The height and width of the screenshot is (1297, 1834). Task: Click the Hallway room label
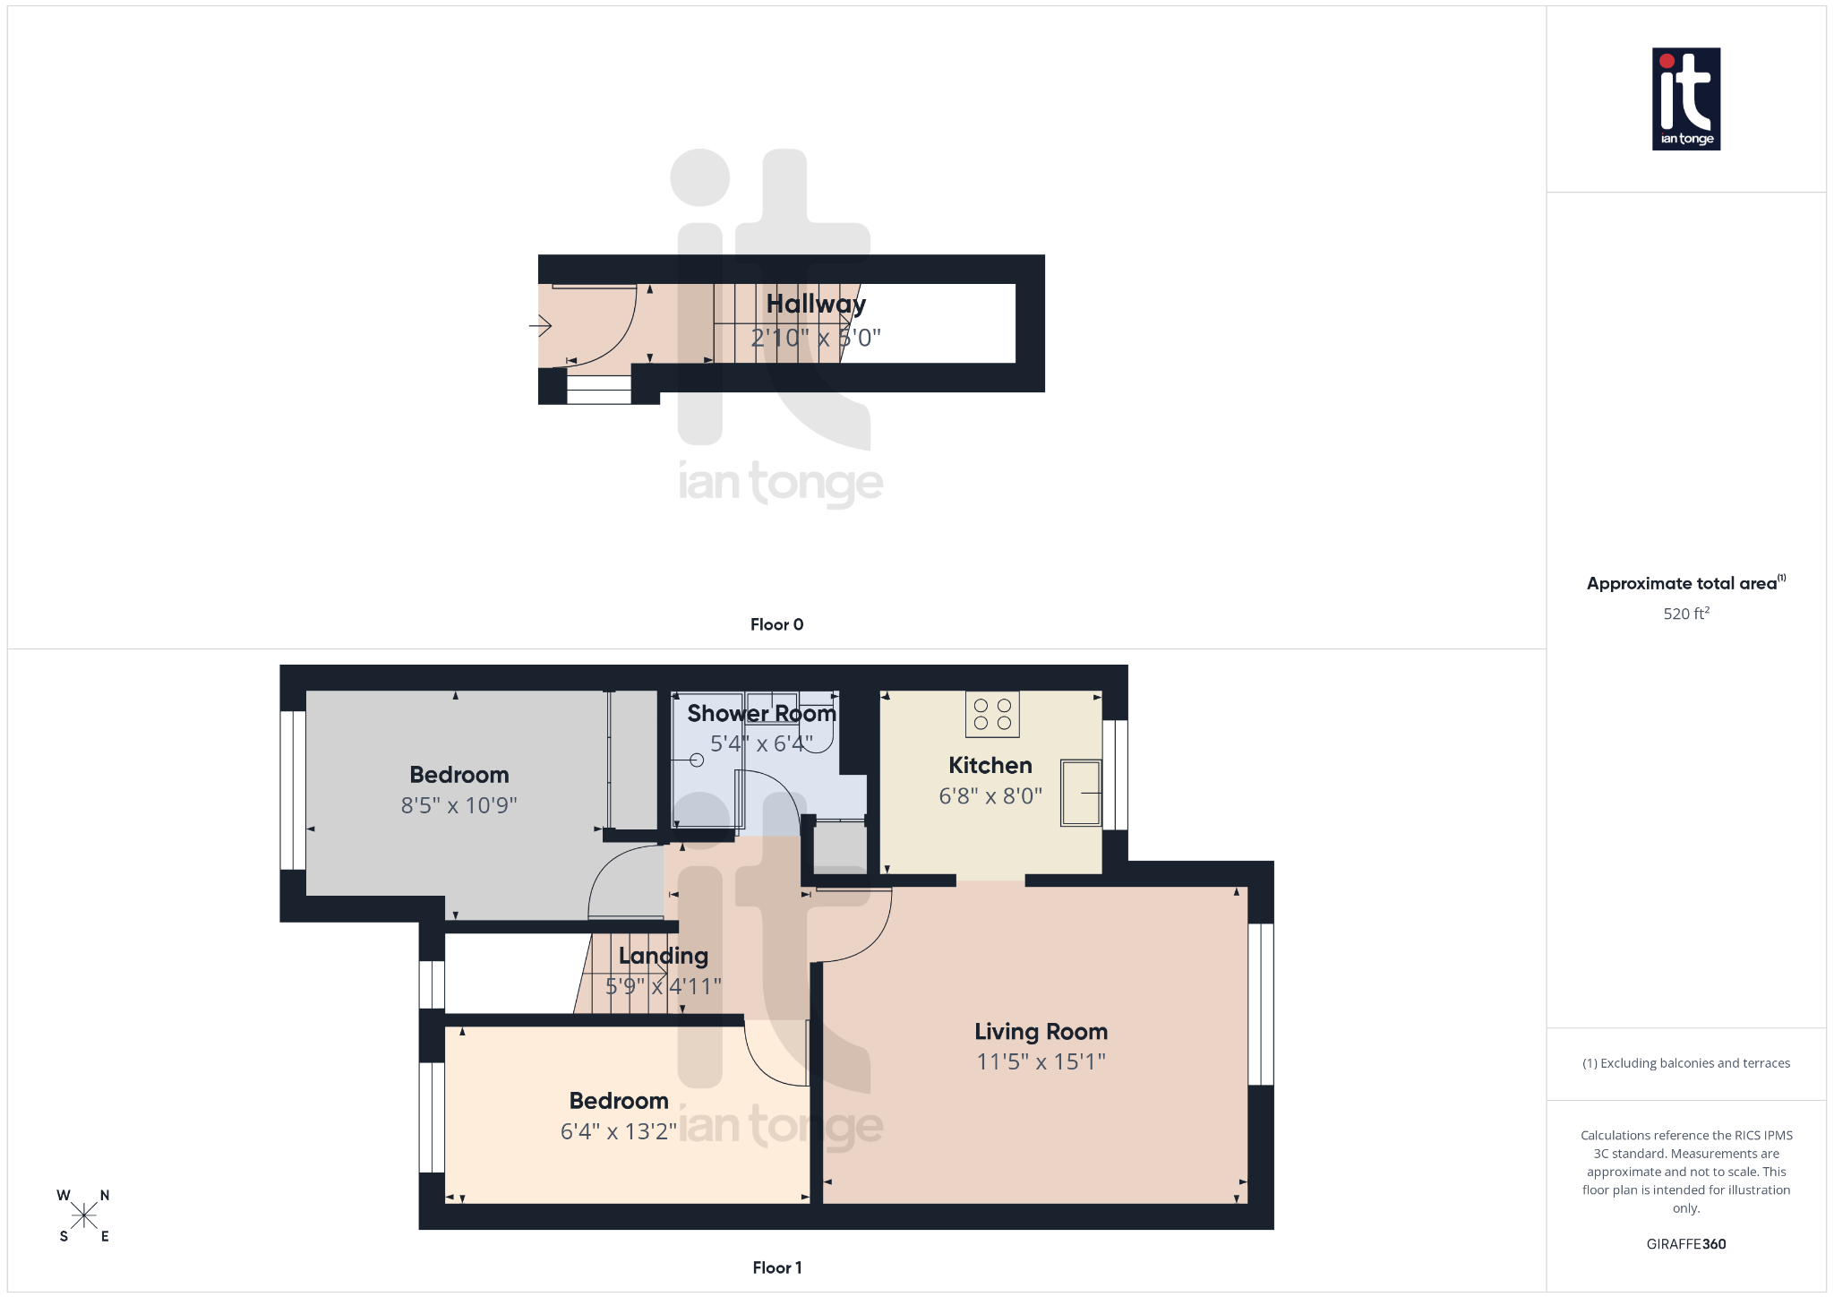click(x=816, y=305)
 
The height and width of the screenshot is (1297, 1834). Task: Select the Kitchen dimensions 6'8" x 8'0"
click(x=990, y=795)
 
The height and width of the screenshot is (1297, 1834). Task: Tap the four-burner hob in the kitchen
click(x=992, y=715)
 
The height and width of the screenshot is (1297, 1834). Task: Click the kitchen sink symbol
click(x=1081, y=793)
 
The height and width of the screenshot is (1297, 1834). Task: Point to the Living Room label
click(x=1041, y=1032)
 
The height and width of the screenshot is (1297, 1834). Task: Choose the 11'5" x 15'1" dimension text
click(x=1041, y=1062)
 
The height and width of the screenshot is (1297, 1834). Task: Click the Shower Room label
click(x=761, y=714)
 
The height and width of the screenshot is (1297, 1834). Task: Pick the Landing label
click(x=663, y=956)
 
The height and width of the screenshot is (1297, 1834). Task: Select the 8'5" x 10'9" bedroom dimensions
click(x=458, y=805)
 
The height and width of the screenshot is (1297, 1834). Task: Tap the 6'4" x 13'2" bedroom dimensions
click(x=618, y=1131)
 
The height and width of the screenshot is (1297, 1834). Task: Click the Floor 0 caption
click(x=776, y=624)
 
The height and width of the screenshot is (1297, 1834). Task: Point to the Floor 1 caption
click(x=776, y=1267)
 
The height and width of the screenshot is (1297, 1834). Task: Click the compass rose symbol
click(x=84, y=1215)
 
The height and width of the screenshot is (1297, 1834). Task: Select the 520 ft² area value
click(x=1685, y=614)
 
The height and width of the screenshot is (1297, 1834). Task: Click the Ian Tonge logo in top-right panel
click(x=1685, y=99)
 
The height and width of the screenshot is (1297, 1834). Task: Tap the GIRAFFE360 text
click(x=1685, y=1244)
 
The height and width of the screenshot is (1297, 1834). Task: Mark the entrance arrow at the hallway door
click(x=540, y=325)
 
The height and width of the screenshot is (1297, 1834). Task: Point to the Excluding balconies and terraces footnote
click(x=1685, y=1063)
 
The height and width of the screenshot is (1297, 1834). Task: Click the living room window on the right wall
click(x=1261, y=1004)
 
